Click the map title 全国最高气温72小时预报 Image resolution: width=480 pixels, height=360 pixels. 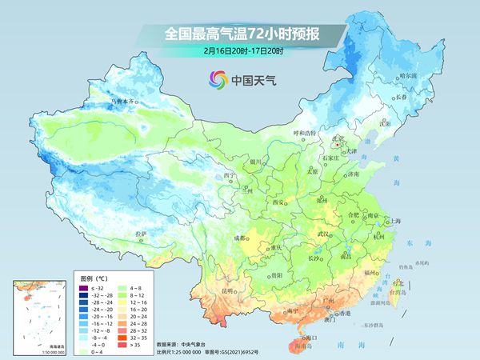[x=241, y=34]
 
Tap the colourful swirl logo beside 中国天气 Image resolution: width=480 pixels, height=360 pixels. [x=218, y=78]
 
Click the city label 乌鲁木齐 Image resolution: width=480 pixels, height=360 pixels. [x=124, y=102]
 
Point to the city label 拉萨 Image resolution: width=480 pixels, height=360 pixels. [x=141, y=234]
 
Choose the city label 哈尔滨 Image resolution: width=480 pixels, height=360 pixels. [x=409, y=74]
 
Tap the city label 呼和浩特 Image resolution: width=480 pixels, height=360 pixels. [x=305, y=132]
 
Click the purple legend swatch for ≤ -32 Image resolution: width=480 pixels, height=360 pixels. [x=82, y=286]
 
